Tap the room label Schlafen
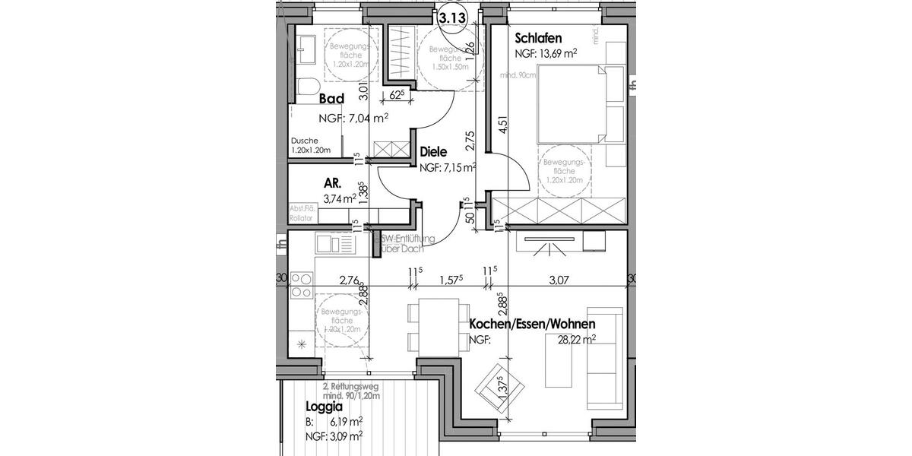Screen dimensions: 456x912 538,38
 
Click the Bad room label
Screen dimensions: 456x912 331,99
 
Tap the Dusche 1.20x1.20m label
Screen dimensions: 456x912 311,145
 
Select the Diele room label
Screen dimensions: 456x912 433,152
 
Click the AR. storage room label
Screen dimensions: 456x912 332,183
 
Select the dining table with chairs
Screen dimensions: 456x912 434,326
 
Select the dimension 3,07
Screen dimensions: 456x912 559,280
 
